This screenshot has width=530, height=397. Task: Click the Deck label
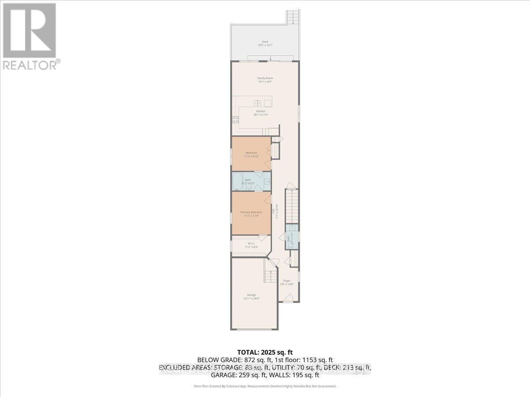[x=265, y=43]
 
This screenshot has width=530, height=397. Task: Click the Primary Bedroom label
[x=251, y=213]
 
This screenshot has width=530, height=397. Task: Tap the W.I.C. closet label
[x=251, y=245]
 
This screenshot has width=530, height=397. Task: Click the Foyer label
[x=287, y=282]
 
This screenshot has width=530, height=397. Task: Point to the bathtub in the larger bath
[x=238, y=181]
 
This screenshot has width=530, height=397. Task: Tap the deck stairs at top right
[x=293, y=18]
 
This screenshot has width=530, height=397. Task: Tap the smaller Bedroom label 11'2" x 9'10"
[x=251, y=154]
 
